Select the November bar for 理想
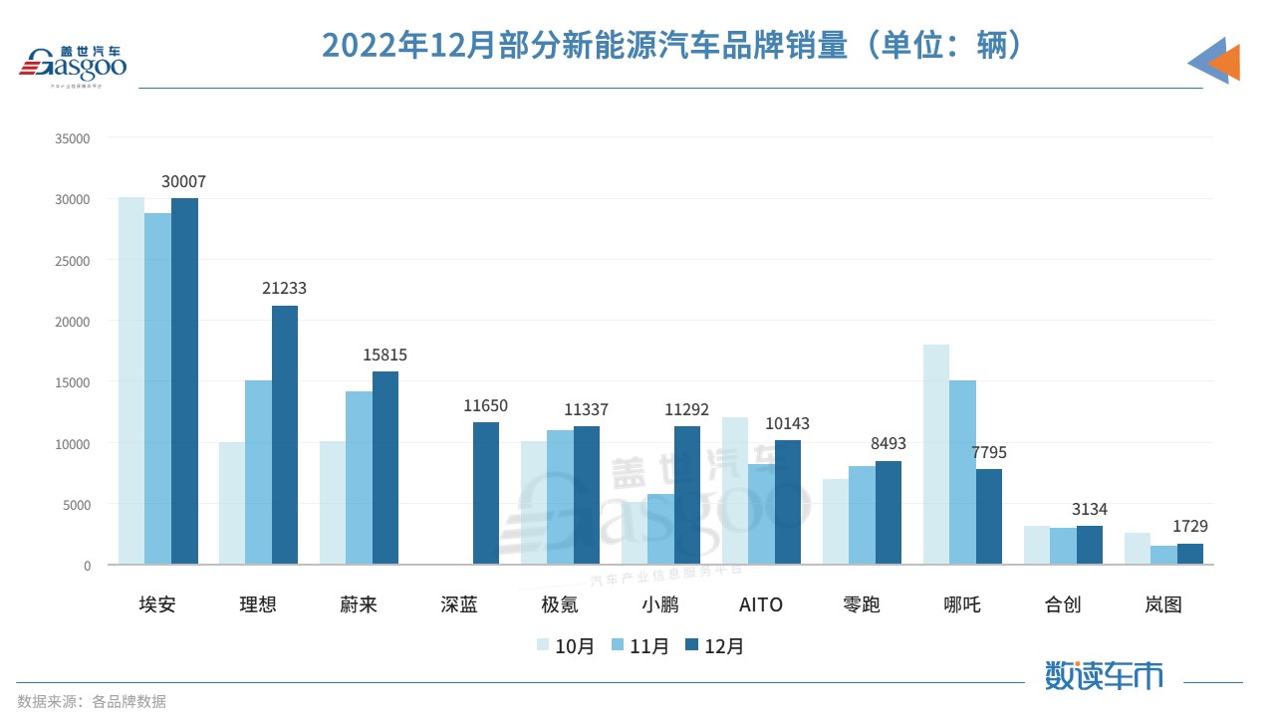(x=258, y=472)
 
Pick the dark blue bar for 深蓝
(x=486, y=494)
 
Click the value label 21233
(x=285, y=288)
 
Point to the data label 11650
(x=486, y=405)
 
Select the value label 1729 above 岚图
(x=1189, y=526)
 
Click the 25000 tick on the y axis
(x=74, y=261)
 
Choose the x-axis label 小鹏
(x=659, y=604)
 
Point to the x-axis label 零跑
(x=861, y=604)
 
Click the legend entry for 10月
(x=565, y=646)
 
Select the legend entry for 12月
(x=714, y=646)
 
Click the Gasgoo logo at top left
(x=75, y=67)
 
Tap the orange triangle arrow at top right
(x=1225, y=62)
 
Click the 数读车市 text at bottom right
(x=1104, y=676)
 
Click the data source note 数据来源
(x=92, y=701)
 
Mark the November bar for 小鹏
(x=660, y=529)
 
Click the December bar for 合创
(x=1090, y=545)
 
